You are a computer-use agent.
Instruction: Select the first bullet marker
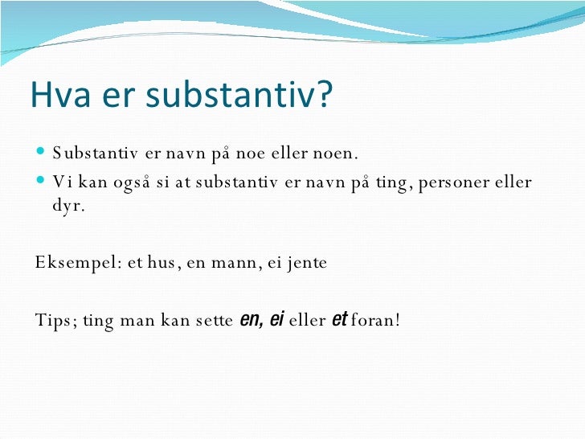(42, 154)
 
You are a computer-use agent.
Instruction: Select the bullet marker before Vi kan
(42, 182)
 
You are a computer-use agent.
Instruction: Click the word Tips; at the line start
(55, 321)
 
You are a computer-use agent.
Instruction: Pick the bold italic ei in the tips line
(277, 320)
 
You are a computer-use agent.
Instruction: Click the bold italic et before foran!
(338, 320)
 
